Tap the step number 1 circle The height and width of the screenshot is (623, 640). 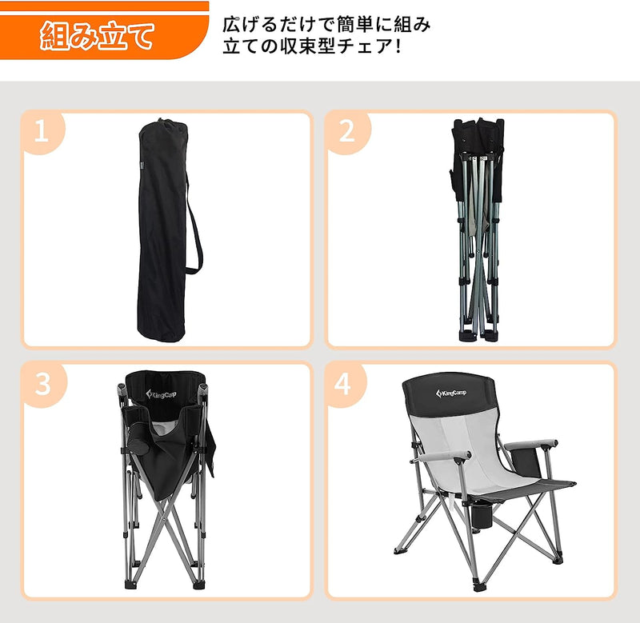[42, 132]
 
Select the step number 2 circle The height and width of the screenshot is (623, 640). [346, 132]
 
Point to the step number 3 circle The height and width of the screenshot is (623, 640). [42, 384]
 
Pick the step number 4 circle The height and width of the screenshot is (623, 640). [343, 385]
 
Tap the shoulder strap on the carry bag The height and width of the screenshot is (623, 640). [195, 232]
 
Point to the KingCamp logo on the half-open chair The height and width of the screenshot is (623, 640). [162, 393]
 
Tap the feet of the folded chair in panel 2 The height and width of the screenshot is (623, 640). [477, 333]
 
